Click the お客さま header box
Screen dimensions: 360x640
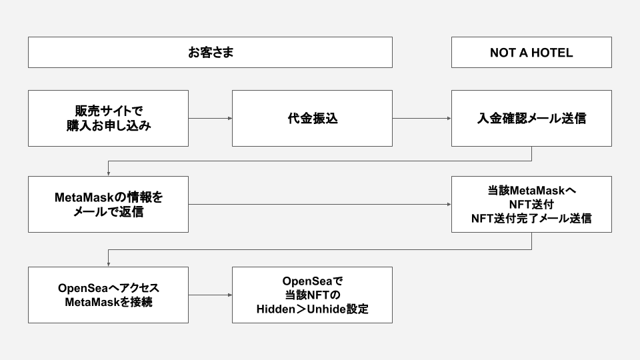click(x=210, y=53)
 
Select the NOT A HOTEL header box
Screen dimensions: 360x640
click(x=531, y=53)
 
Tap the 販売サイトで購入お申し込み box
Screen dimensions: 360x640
click(x=108, y=118)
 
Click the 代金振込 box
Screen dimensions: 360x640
click(x=312, y=118)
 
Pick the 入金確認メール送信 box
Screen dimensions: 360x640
click(x=531, y=118)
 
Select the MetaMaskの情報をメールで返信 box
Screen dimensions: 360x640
click(x=108, y=205)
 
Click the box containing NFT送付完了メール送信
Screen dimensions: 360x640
click(x=531, y=205)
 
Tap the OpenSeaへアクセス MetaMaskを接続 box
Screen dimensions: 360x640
click(x=108, y=295)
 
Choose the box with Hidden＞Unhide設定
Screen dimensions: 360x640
click(x=312, y=295)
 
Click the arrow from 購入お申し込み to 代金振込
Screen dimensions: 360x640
click(x=210, y=119)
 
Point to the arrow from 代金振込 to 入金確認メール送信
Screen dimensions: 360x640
click(x=421, y=119)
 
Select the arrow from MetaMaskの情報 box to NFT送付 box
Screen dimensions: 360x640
click(x=320, y=205)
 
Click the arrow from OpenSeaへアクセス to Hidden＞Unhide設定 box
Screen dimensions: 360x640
click(x=210, y=295)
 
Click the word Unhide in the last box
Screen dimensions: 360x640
click(x=325, y=309)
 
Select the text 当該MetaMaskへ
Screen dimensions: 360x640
click(x=531, y=191)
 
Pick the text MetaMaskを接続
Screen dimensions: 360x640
click(x=108, y=302)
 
